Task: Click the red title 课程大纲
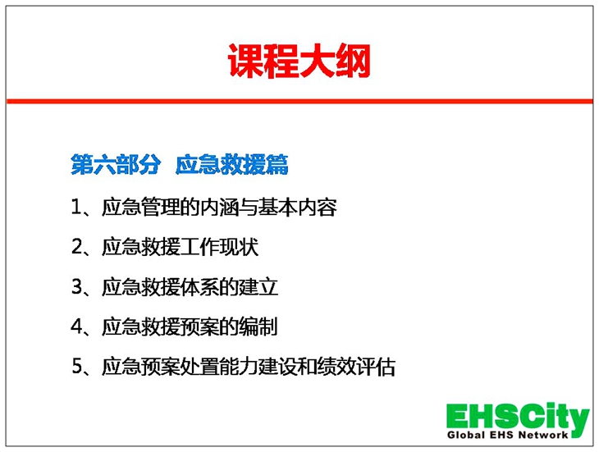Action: point(299,61)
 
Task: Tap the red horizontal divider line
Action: point(299,101)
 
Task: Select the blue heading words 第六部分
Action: point(116,165)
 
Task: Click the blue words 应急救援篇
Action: point(232,165)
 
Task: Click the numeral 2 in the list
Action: point(76,247)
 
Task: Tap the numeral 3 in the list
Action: point(76,286)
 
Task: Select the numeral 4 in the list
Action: point(76,326)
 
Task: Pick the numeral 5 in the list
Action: point(76,366)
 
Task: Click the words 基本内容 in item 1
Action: point(297,207)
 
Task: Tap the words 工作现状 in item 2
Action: point(219,247)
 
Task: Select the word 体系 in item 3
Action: point(199,286)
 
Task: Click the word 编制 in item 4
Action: point(258,326)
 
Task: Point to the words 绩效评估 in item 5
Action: point(356,366)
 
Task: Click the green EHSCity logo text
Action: point(518,418)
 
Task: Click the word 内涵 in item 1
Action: point(219,207)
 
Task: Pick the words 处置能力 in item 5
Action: point(219,366)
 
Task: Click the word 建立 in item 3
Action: point(258,286)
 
